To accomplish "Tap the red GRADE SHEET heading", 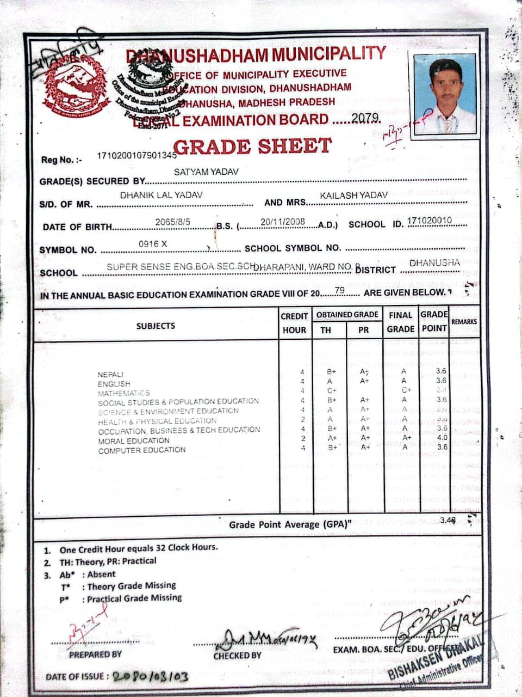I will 252,146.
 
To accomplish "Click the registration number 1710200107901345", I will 136,155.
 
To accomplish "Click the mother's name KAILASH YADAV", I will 354,195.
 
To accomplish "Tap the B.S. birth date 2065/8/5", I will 172,222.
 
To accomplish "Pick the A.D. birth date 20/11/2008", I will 283,222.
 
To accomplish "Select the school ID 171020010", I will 430,220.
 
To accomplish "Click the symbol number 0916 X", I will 153,244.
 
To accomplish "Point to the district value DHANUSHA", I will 434,262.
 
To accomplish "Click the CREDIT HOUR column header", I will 295,323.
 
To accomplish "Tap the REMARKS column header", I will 464,322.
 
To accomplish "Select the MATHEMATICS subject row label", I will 123,393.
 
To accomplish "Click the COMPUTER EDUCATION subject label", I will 142,450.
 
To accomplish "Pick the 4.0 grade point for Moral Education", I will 442,437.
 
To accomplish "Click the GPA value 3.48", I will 448,520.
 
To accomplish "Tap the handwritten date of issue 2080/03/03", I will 151,676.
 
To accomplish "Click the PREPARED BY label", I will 95,654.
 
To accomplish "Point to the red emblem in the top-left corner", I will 74,86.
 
